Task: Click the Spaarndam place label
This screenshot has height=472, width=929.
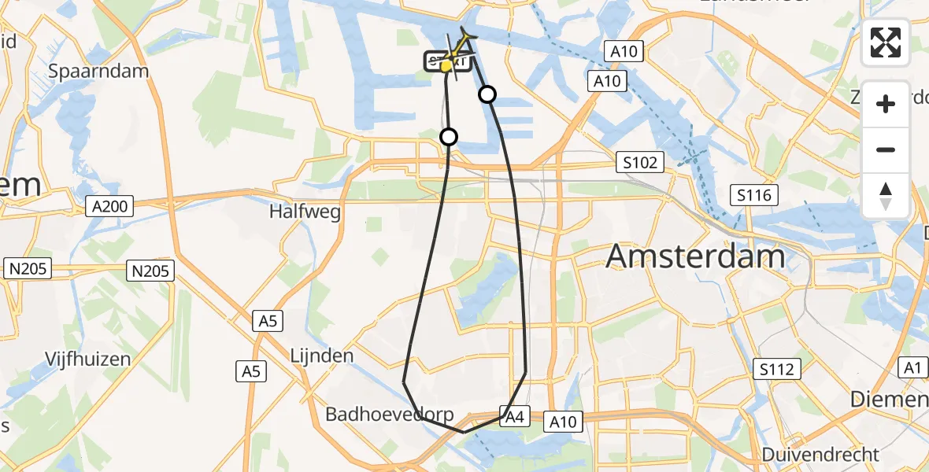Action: tap(99, 71)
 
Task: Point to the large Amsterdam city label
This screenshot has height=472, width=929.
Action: tap(696, 256)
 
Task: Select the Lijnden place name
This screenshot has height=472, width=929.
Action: tap(321, 356)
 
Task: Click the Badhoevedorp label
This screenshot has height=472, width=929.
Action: tap(377, 415)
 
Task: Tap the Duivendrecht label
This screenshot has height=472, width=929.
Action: tap(820, 455)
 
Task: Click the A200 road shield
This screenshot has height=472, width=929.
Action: tap(109, 207)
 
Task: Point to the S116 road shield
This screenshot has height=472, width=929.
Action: tap(753, 195)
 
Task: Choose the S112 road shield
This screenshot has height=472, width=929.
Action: tap(778, 368)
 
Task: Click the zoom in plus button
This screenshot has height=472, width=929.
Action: tap(886, 104)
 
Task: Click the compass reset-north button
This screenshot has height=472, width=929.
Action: tap(886, 195)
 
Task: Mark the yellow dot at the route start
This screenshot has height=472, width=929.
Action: tap(446, 66)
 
